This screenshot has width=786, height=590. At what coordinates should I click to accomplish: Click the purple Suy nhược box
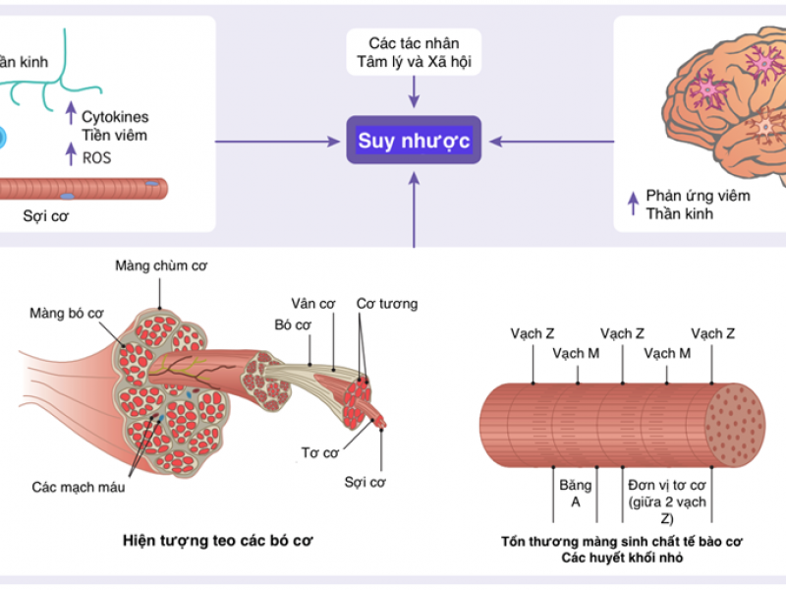tap(413, 141)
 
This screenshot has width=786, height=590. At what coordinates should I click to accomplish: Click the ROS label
tap(96, 155)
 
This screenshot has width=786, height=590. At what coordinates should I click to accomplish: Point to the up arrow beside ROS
tap(70, 152)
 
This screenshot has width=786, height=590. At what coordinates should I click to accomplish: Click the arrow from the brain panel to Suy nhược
tap(550, 142)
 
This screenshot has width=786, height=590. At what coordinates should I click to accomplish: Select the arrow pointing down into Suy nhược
tap(413, 94)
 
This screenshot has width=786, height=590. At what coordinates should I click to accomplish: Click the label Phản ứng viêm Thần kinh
tap(698, 204)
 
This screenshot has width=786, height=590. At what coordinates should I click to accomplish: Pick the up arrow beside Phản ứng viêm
tap(632, 204)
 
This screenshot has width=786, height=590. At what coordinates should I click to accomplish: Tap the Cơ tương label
tap(386, 304)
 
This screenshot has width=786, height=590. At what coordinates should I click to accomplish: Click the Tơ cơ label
tap(319, 453)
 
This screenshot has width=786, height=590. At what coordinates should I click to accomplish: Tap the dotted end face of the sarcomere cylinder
tap(738, 426)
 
